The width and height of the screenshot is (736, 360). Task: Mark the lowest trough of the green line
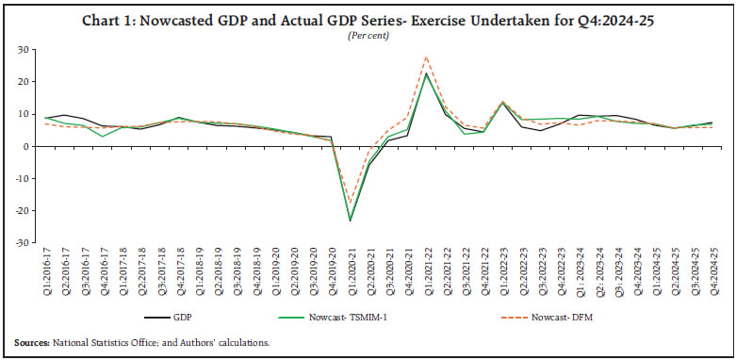pos(351,221)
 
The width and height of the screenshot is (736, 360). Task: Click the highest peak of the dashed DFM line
pos(427,57)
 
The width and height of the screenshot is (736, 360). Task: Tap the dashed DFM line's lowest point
pos(351,203)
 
